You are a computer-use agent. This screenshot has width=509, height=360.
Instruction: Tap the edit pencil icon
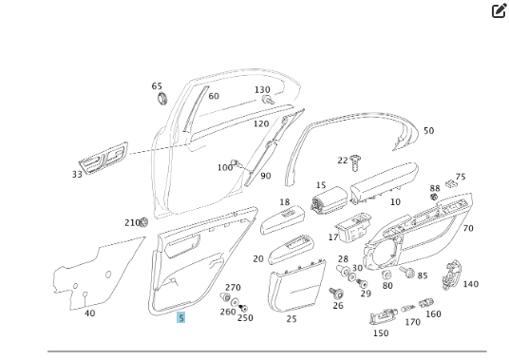point(499,11)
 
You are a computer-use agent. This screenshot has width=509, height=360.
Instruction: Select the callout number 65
point(157,86)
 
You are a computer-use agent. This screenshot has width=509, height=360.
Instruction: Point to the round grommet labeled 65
point(160,98)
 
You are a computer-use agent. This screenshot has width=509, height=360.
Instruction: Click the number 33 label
point(77,175)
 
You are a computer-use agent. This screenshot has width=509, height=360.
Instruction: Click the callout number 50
point(428,131)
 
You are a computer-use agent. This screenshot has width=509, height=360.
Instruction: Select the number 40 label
point(89,313)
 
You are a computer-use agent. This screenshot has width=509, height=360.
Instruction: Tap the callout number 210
point(131,222)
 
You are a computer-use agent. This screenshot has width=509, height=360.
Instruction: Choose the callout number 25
point(292,319)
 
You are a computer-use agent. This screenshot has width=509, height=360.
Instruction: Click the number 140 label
point(470,284)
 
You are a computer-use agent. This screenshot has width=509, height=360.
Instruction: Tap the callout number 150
point(380,333)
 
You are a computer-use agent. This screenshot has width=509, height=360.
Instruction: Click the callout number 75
point(461,177)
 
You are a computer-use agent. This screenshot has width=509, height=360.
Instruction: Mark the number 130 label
point(262,90)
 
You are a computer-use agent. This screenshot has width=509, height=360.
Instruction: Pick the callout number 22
point(343,161)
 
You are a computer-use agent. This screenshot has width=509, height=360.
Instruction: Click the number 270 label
point(233,288)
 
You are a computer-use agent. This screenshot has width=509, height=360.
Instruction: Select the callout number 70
point(468,229)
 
